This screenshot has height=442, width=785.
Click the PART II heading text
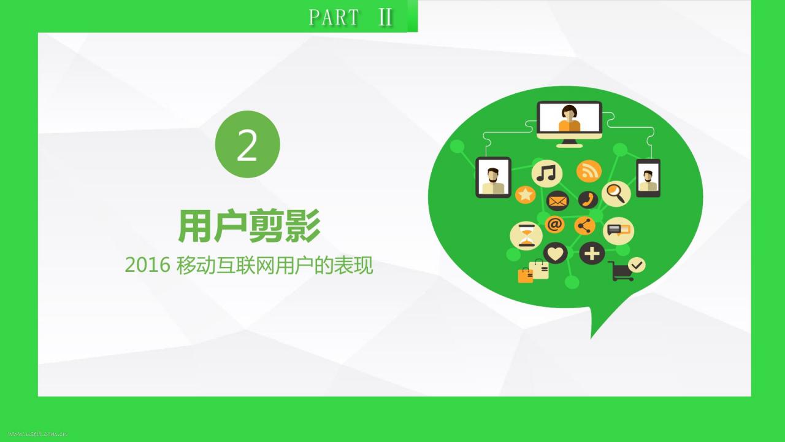tap(350, 17)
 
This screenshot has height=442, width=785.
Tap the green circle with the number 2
tap(247, 144)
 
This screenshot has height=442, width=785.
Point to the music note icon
tap(546, 173)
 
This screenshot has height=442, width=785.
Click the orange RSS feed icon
tap(589, 171)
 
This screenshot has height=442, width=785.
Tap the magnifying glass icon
tap(616, 193)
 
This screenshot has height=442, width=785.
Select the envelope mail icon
tap(557, 201)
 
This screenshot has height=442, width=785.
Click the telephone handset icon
tap(588, 200)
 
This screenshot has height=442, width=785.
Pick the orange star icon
tap(526, 195)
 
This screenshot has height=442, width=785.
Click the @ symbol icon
tap(554, 224)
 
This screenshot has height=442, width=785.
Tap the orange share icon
tap(584, 225)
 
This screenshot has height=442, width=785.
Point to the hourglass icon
tap(526, 236)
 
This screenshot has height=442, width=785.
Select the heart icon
tap(556, 253)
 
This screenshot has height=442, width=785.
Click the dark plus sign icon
tap(592, 253)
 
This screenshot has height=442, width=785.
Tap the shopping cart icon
tap(621, 271)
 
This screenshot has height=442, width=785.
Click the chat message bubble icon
tap(619, 230)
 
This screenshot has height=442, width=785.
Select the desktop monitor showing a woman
tap(570, 124)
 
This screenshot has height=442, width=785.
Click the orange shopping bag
tap(526, 276)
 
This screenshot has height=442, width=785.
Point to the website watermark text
tap(38, 434)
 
